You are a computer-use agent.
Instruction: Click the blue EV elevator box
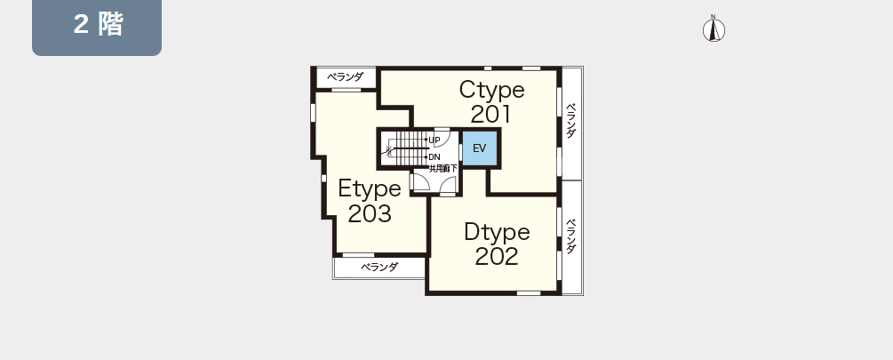(480, 148)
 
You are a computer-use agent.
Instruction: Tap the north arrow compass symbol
(713, 29)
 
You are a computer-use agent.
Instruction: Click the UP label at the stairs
(434, 140)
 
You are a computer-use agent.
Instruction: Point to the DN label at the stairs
(434, 156)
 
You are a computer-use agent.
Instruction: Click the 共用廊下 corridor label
(443, 169)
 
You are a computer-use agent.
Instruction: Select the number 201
(490, 115)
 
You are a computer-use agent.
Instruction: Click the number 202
(497, 256)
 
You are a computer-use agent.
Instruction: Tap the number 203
(370, 213)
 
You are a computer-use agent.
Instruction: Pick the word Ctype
(492, 90)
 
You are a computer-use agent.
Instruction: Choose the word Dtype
(497, 232)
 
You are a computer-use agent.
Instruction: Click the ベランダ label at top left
(345, 77)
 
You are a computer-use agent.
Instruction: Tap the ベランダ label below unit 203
(380, 267)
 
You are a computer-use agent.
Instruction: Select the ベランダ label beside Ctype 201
(571, 121)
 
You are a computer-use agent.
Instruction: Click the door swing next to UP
(443, 139)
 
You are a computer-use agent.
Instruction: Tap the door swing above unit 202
(448, 185)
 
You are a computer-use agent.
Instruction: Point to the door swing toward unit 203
(421, 182)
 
